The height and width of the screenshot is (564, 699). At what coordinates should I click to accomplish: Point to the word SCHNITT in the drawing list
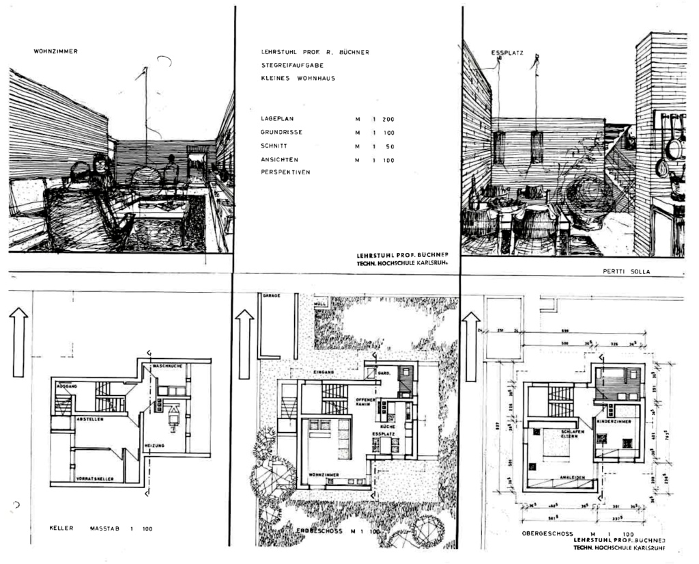[274, 146]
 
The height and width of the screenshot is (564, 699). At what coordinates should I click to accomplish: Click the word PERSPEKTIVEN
[285, 172]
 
